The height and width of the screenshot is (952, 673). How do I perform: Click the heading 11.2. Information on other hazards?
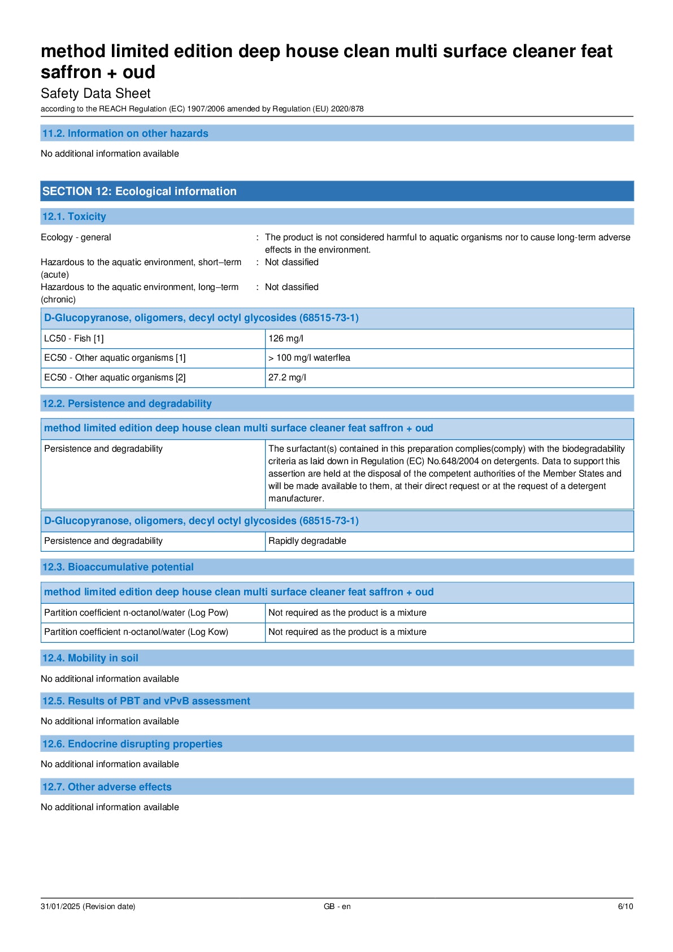125,133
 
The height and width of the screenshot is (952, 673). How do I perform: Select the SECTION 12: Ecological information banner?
139,191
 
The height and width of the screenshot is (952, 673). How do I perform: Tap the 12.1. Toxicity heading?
74,217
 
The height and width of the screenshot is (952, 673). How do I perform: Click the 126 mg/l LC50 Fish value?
286,339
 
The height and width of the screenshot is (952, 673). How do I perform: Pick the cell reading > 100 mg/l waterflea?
309,358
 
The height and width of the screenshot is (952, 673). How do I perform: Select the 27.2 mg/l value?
287,378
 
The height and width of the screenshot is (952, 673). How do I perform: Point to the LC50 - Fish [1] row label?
74,339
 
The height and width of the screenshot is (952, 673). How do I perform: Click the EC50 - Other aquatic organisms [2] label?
115,378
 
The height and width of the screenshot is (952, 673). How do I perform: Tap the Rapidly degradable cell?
307,541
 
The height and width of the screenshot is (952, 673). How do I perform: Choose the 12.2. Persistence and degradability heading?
127,404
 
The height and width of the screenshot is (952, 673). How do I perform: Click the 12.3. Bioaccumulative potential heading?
118,567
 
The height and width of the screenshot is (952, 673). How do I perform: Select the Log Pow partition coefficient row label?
136,613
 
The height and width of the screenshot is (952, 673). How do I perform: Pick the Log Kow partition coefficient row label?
136,632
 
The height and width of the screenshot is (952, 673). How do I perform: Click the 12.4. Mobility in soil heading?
90,658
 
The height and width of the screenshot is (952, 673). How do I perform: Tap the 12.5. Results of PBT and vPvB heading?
146,701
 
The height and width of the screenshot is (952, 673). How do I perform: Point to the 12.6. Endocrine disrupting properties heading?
132,744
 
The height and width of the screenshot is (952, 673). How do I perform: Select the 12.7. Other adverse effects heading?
107,787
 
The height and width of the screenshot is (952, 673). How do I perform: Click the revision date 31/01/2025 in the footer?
88,906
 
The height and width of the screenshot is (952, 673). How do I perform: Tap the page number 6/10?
625,906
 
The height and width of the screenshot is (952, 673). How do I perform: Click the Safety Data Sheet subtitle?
95,93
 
